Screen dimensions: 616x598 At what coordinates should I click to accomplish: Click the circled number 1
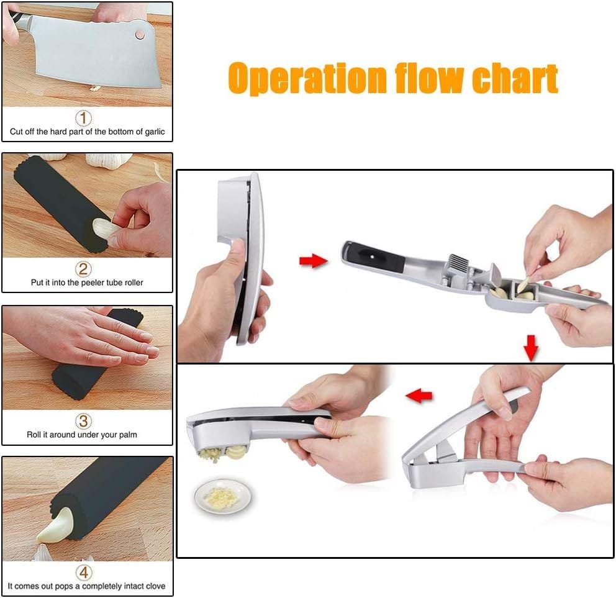point(83,118)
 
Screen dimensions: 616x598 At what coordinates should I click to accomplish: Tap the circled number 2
point(83,269)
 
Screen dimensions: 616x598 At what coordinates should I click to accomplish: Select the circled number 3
point(83,421)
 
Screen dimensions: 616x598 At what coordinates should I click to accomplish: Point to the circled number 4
point(84,573)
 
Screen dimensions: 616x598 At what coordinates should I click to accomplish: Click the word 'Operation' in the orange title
point(307,78)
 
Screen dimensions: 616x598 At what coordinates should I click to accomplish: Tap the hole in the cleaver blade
point(140,35)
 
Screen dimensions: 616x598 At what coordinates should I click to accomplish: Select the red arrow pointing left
point(419,396)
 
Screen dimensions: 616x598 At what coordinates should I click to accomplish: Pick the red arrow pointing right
point(313,260)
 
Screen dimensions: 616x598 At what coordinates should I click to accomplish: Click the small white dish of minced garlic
point(223,497)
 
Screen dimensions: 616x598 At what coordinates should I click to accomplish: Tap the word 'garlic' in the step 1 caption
point(155,132)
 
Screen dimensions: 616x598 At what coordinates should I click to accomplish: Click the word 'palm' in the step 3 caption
point(128,435)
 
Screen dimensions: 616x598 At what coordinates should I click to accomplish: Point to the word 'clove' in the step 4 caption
point(155,586)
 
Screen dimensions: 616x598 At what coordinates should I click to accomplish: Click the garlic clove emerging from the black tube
point(55,526)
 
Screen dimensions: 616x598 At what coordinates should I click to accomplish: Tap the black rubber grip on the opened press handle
point(376,257)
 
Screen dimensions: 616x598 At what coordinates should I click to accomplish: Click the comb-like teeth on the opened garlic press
point(459,260)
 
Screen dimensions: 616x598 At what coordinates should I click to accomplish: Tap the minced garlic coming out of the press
point(209,455)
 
